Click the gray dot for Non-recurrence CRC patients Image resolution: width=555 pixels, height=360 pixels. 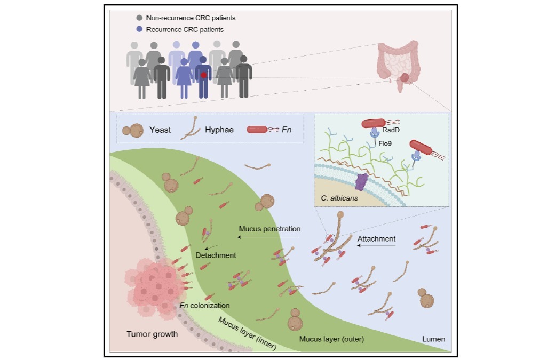(x=139, y=18)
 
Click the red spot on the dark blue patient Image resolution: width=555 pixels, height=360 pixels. (x=203, y=75)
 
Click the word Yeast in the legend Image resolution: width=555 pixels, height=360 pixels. (x=160, y=130)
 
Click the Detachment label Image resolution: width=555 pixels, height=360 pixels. (x=216, y=255)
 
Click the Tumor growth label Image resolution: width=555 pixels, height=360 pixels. (x=152, y=334)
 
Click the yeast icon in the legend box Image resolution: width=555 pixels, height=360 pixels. (x=134, y=130)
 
